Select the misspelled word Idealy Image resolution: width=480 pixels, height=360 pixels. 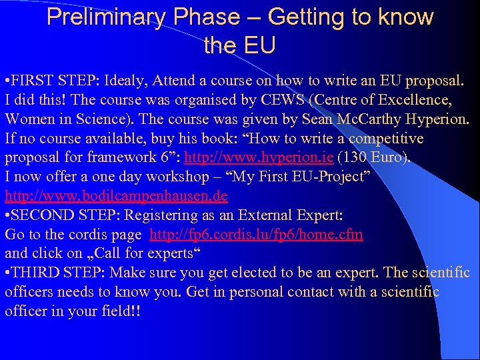coord(127,81)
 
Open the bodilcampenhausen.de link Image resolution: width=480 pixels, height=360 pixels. coord(116,197)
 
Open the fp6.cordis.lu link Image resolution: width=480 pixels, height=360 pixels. coord(257,235)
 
